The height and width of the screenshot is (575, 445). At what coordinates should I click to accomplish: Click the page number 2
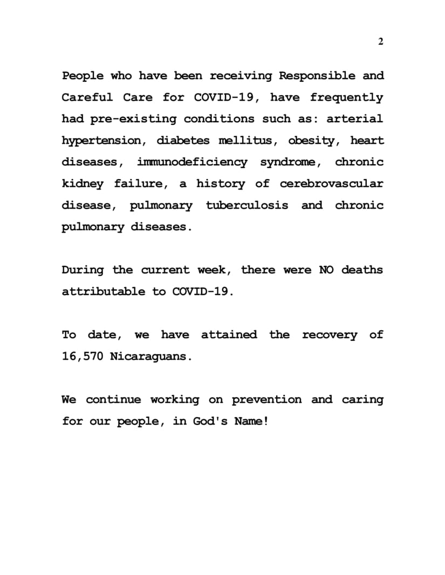click(x=381, y=43)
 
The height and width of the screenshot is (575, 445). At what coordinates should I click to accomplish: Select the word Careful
click(x=87, y=97)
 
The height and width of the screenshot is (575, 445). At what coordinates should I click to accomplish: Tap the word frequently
click(x=346, y=98)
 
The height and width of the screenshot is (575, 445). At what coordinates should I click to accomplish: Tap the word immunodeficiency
click(x=193, y=162)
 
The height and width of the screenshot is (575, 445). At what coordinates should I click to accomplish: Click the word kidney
click(x=82, y=184)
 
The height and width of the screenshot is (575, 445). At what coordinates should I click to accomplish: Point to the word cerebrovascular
click(x=331, y=184)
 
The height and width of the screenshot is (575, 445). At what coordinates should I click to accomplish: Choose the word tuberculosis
click(x=247, y=205)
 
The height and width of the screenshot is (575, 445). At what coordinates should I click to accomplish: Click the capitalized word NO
click(x=326, y=270)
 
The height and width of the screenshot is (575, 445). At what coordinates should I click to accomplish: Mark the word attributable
click(x=104, y=291)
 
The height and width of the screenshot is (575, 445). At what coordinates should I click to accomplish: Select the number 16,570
click(x=83, y=356)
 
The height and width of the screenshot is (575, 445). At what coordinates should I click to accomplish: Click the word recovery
click(x=330, y=335)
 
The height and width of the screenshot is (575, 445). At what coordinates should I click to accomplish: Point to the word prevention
click(x=267, y=399)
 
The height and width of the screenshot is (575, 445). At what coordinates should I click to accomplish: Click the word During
click(x=82, y=270)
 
